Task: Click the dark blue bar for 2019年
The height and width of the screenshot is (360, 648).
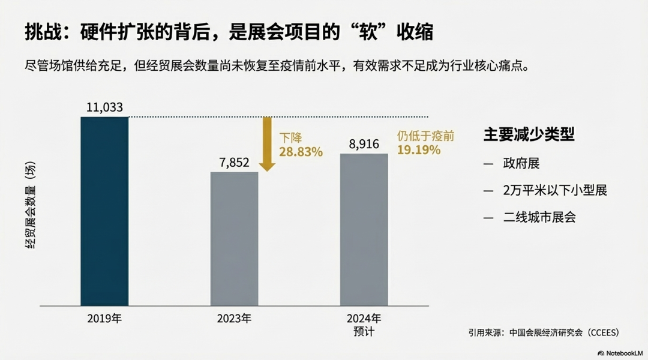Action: (x=104, y=211)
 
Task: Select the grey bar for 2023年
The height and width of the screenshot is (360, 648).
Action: (x=234, y=239)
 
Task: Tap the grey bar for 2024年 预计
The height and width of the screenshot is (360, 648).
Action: (x=364, y=230)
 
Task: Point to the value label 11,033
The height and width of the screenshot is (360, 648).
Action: (x=104, y=107)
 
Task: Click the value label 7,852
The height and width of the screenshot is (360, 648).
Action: (x=234, y=163)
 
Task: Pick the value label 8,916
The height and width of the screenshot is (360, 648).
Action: (x=364, y=144)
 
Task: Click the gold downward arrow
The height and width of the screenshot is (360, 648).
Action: (x=267, y=144)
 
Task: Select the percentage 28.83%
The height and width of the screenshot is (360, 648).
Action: (x=301, y=152)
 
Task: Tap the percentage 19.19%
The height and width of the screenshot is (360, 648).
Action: (x=418, y=150)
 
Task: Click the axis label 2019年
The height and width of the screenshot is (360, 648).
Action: (x=104, y=319)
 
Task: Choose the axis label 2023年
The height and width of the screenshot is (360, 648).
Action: (x=234, y=319)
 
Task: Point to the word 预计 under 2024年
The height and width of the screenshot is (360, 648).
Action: (x=364, y=331)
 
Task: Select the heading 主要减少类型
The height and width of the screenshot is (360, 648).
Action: (x=529, y=135)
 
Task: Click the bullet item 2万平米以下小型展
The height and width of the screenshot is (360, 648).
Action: (x=555, y=191)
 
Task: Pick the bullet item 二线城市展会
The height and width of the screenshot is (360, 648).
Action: (x=539, y=217)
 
